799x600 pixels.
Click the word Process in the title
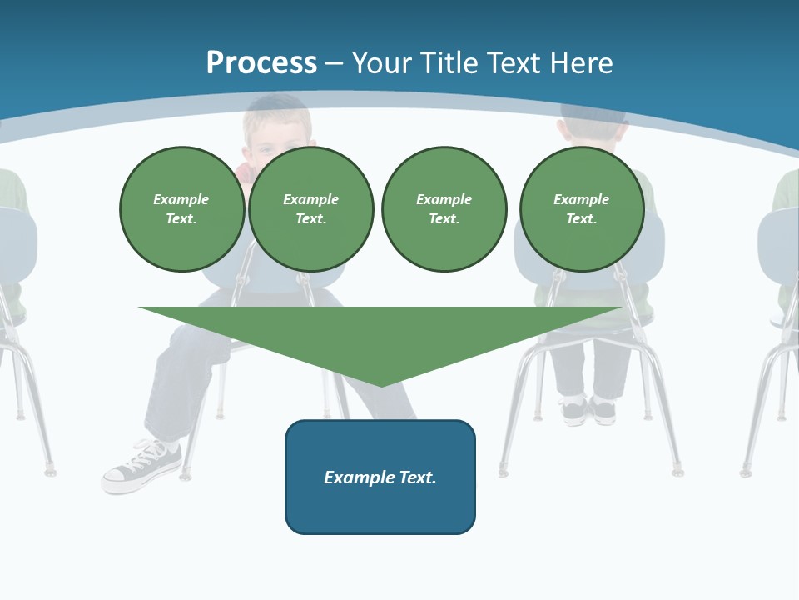(x=261, y=62)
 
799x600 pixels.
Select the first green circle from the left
(x=181, y=209)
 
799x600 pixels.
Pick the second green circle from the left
(x=310, y=209)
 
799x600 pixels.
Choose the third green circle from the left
(x=444, y=209)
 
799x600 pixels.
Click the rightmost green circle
(x=581, y=209)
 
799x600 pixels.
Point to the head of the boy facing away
(x=592, y=125)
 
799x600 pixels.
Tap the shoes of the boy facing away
(x=587, y=409)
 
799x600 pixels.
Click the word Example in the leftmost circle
(x=181, y=199)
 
